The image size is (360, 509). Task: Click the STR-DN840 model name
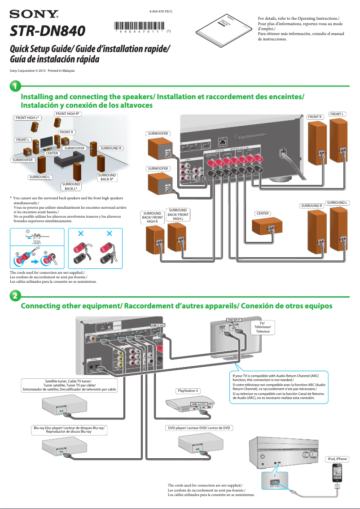pyautogui.click(x=48, y=31)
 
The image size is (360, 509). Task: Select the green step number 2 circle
pyautogui.click(x=15, y=296)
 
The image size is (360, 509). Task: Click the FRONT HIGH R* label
pyautogui.click(x=68, y=114)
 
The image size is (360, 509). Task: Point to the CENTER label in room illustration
pyautogui.click(x=52, y=154)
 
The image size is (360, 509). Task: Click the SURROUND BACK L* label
pyautogui.click(x=71, y=186)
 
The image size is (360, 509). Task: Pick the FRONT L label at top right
pyautogui.click(x=338, y=114)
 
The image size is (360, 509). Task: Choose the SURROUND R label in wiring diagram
pyautogui.click(x=312, y=206)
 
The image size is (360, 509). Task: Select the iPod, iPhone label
pyautogui.click(x=337, y=459)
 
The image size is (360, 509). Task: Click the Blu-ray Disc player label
pyautogui.click(x=69, y=430)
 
